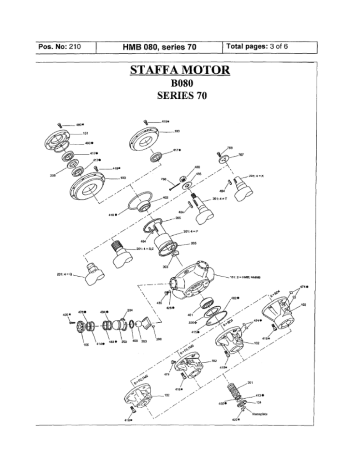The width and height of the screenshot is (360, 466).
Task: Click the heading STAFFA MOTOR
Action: click(x=180, y=71)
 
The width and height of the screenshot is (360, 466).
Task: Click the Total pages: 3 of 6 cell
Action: click(x=257, y=47)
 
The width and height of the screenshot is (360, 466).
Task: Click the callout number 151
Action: click(x=85, y=133)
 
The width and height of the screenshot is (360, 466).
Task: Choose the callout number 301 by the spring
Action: click(x=250, y=382)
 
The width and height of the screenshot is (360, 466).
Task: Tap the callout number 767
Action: click(x=241, y=155)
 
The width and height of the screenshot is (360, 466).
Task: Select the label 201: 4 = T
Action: click(x=219, y=199)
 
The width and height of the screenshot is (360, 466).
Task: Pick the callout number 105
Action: click(x=86, y=344)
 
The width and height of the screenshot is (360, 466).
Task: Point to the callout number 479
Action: click(x=166, y=374)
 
